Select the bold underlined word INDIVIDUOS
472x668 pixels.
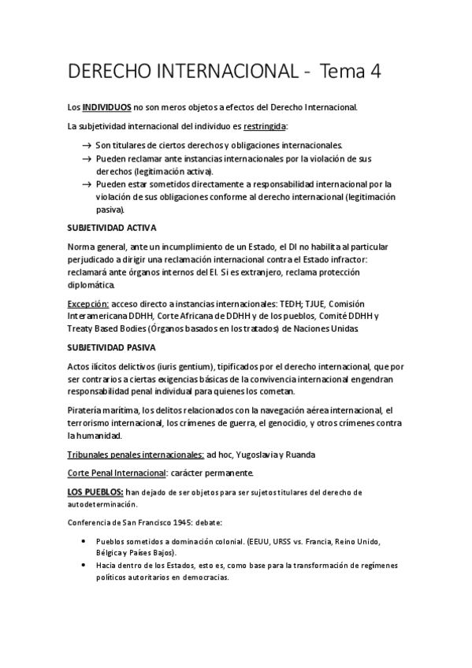point(107,106)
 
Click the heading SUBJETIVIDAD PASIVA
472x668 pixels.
point(112,347)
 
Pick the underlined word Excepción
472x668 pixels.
point(87,303)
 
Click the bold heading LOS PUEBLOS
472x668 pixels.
point(95,492)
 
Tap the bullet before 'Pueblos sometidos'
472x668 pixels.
point(84,541)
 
